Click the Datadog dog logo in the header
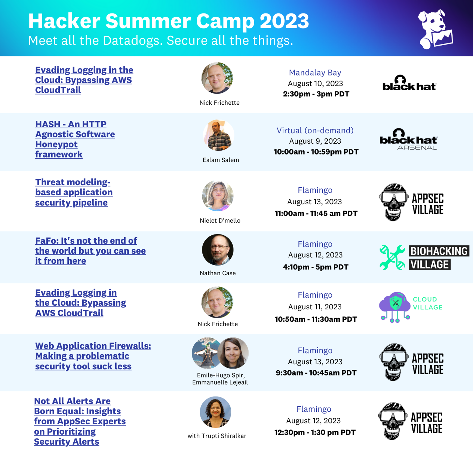tap(435, 29)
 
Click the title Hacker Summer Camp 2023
tap(168, 21)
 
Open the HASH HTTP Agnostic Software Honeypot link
tap(75, 139)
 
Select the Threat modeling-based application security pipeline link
tap(74, 192)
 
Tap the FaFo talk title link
tap(90, 251)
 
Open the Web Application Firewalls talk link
tap(93, 356)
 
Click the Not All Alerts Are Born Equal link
tap(80, 421)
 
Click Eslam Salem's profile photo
tap(219, 135)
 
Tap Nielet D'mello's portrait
tap(218, 196)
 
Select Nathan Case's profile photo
tap(218, 250)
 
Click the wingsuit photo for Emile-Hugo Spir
tap(206, 353)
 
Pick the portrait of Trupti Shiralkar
tap(216, 412)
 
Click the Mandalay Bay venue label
tap(315, 73)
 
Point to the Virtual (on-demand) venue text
tap(315, 130)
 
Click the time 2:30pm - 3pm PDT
tap(316, 94)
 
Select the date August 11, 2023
tap(315, 307)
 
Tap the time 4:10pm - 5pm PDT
tap(316, 267)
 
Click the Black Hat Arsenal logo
tap(408, 139)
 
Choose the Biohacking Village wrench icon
tap(392, 257)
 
